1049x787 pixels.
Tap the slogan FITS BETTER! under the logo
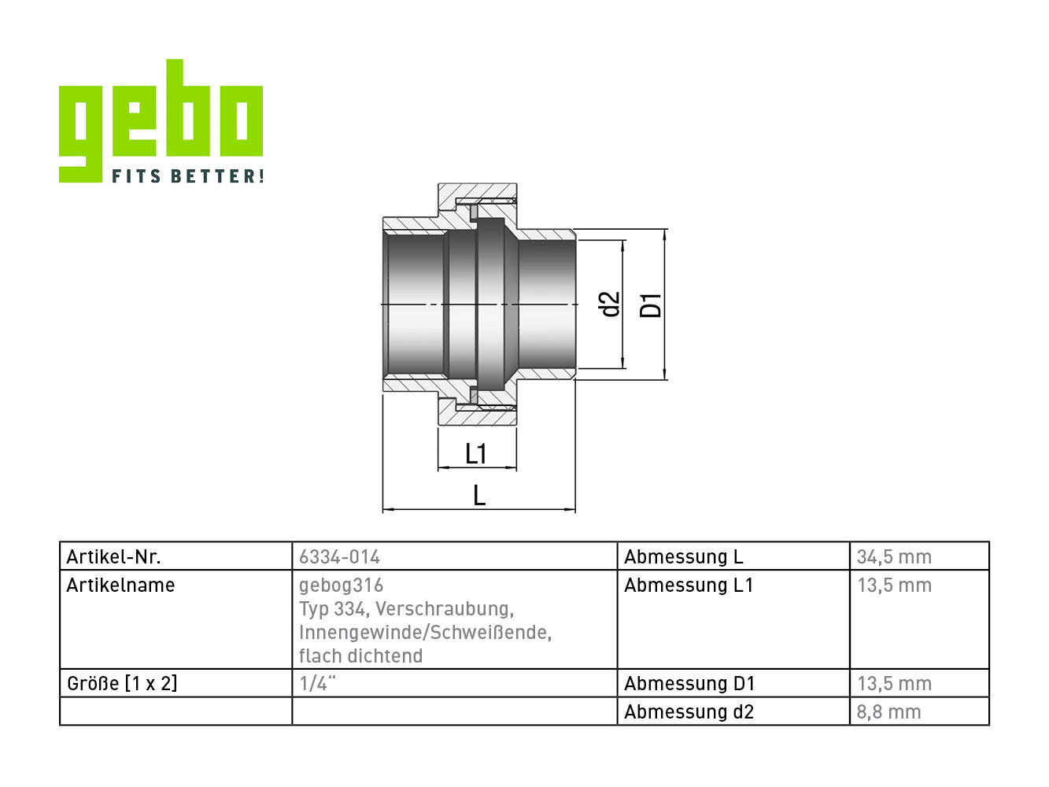coord(188,176)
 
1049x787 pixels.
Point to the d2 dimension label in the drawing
coord(610,305)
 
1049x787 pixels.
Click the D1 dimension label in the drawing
coord(651,306)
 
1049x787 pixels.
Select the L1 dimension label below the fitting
coord(476,453)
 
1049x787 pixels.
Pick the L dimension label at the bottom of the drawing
coord(479,496)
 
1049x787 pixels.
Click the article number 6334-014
coord(339,556)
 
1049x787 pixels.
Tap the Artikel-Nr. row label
coord(114,556)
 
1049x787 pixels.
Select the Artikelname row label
coord(120,586)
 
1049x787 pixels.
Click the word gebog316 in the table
coord(342,586)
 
